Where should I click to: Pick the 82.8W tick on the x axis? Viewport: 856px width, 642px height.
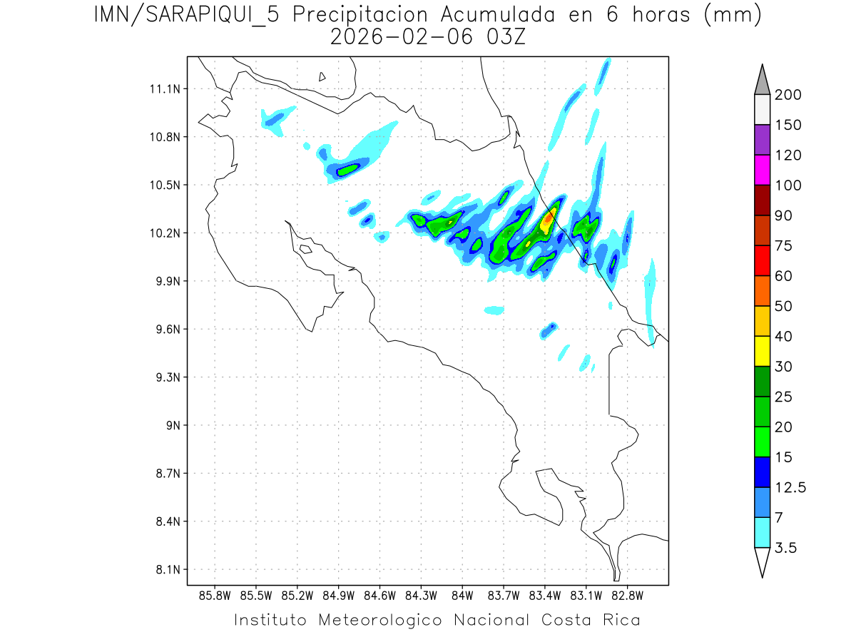(x=627, y=594)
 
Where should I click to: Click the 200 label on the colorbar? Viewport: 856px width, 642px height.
(x=788, y=95)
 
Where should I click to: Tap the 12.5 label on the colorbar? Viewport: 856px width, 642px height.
(x=790, y=487)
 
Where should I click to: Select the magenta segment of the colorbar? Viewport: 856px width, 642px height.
(x=762, y=170)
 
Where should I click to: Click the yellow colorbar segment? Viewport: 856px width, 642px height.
(x=762, y=351)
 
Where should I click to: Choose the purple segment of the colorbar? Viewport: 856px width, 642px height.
(x=762, y=140)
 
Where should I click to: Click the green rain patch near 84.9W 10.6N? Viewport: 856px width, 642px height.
(x=347, y=170)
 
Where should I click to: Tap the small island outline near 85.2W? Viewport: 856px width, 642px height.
(x=305, y=249)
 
